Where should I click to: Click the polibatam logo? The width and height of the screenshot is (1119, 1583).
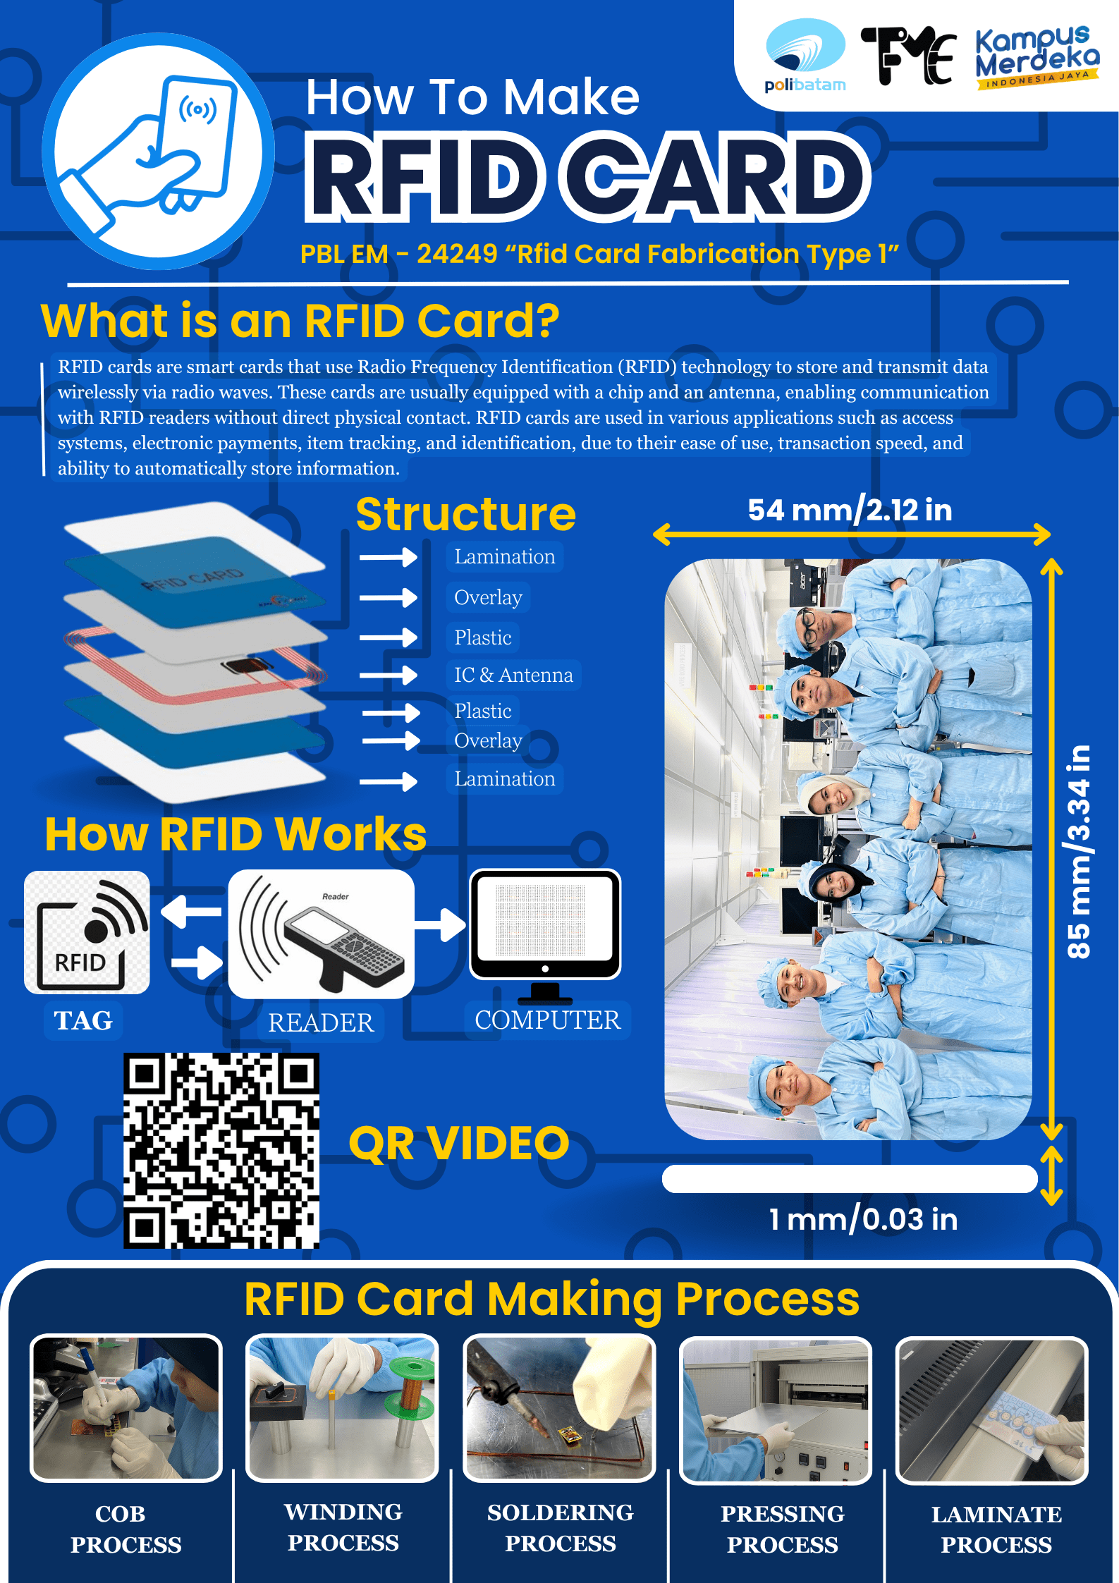coord(805,56)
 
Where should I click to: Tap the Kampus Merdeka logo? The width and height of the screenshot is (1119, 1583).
coord(1037,57)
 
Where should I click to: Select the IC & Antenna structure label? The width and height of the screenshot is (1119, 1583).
coord(513,675)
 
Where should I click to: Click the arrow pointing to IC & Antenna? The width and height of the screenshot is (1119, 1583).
coord(389,675)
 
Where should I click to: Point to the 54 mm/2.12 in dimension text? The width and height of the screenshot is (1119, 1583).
coord(850,509)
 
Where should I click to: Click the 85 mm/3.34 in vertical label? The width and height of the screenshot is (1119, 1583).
coord(1078,851)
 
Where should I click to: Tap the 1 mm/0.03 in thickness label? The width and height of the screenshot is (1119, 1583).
coord(863,1218)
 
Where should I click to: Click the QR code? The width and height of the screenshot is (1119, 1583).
coord(221,1150)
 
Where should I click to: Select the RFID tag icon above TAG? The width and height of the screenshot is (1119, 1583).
coord(87,932)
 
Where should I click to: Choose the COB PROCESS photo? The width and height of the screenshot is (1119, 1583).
coord(126,1407)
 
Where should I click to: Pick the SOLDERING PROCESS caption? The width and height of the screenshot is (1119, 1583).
coord(560,1527)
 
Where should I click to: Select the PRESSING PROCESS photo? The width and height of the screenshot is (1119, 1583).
coord(776,1410)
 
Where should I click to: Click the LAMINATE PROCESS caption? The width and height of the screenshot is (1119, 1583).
coord(996,1529)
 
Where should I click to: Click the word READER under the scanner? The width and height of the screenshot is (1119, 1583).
coord(321,1022)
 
